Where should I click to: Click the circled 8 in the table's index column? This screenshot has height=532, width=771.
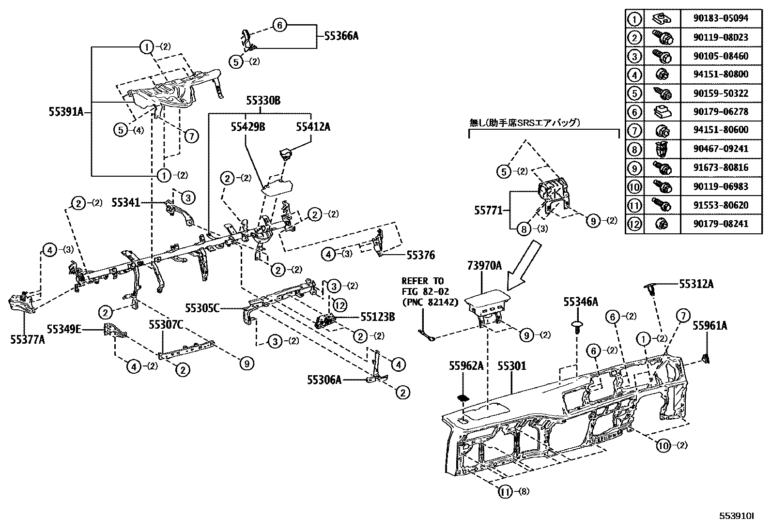(634, 149)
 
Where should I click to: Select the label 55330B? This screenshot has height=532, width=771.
(263, 101)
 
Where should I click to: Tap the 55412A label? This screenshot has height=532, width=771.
(313, 127)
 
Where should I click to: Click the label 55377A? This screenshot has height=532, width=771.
(28, 339)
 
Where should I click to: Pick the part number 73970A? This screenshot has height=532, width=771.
(484, 265)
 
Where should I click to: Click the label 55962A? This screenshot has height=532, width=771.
(466, 366)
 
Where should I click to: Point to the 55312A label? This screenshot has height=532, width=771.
(696, 284)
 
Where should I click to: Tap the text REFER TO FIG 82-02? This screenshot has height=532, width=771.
(422, 286)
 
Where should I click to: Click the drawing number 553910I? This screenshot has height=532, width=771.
(738, 517)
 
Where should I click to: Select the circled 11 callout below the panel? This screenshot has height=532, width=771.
(506, 492)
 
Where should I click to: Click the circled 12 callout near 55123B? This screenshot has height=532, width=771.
(339, 305)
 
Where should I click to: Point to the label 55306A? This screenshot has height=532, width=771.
(324, 380)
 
